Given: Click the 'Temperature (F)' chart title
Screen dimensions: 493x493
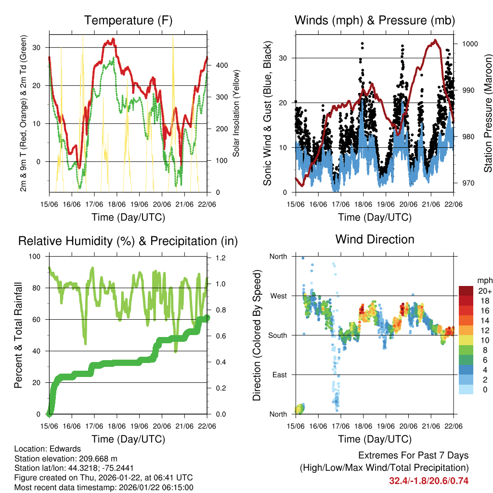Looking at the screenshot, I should coord(128,21).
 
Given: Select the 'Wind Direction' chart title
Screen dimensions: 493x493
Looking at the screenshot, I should coord(375,239).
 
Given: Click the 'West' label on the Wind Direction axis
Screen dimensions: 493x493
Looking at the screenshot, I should coord(278,296).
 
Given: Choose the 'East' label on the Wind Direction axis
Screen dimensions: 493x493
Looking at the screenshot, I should coord(278,375).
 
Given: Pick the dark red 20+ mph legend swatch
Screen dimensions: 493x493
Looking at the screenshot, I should coord(466,291).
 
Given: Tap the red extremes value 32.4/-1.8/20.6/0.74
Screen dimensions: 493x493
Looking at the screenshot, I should coord(428,480).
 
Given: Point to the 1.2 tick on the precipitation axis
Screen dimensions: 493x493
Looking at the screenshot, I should coord(221,258).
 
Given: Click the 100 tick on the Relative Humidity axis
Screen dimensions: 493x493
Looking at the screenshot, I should coord(37,257).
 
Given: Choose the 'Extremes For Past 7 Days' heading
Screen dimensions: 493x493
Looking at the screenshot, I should coord(413,455).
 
